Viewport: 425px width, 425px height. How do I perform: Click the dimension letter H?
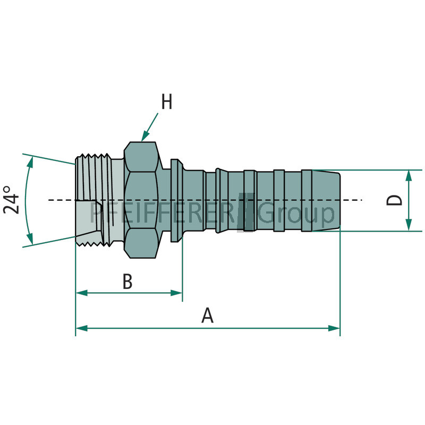coord(167,102)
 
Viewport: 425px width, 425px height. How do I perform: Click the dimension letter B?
coord(127,282)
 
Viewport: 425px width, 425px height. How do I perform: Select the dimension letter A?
coord(208,316)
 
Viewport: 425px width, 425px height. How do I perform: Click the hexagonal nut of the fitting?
coord(141,200)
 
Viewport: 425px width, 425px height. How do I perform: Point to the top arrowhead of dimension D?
coord(409,175)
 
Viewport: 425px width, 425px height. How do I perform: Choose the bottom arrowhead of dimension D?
coord(409,226)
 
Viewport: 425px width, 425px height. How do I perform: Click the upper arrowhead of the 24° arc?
coord(30,163)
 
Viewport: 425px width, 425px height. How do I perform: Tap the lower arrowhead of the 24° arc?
coord(30,238)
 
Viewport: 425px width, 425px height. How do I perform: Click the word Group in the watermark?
coord(297,213)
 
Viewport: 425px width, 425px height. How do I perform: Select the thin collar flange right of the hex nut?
coord(176,200)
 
